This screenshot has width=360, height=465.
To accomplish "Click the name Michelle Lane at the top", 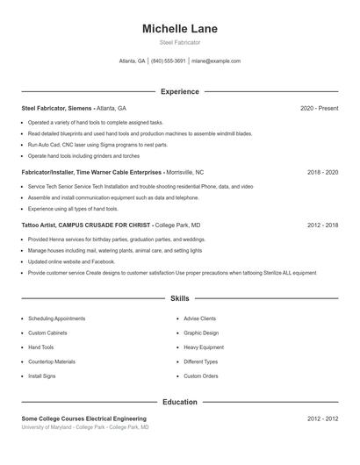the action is pyautogui.click(x=179, y=29).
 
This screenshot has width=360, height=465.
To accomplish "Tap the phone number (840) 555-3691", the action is pyautogui.click(x=168, y=61).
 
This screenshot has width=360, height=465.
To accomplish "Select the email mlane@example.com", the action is pyautogui.click(x=216, y=61).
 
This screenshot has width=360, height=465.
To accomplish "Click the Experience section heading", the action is pyautogui.click(x=179, y=91).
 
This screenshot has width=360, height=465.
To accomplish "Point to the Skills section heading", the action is pyautogui.click(x=179, y=299).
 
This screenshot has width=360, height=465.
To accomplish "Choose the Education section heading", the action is pyautogui.click(x=179, y=402).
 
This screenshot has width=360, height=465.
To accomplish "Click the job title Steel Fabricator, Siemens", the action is pyautogui.click(x=55, y=108).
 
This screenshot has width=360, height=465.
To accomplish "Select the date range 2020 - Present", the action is pyautogui.click(x=319, y=108).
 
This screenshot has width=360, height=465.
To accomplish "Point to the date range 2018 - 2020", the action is pyautogui.click(x=322, y=173).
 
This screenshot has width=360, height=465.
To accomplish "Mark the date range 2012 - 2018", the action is pyautogui.click(x=322, y=225).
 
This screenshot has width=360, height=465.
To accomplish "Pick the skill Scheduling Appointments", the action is pyautogui.click(x=56, y=318).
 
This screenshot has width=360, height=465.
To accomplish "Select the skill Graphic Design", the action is pyautogui.click(x=201, y=333).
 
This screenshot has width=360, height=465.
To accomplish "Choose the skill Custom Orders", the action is pyautogui.click(x=201, y=376).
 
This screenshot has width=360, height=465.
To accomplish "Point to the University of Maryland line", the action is pyautogui.click(x=85, y=427).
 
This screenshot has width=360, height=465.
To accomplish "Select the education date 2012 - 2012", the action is pyautogui.click(x=322, y=419).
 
